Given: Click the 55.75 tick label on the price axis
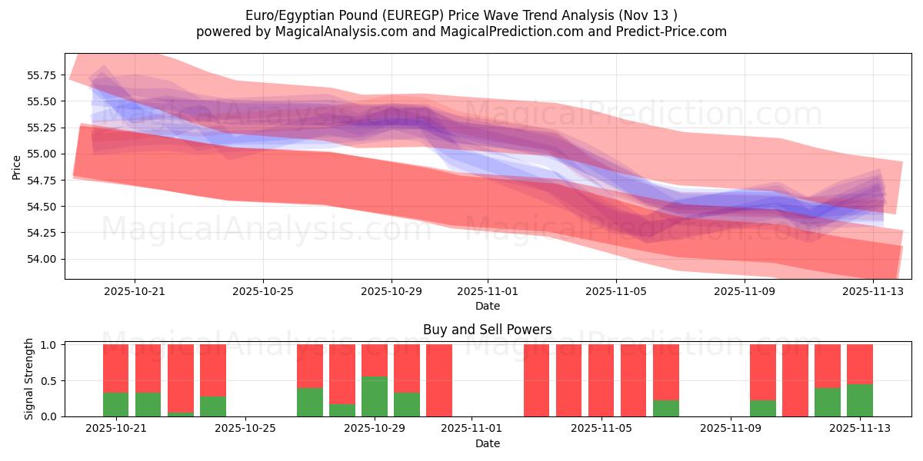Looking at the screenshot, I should (x=42, y=75).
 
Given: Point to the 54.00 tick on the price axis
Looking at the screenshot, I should (x=42, y=259).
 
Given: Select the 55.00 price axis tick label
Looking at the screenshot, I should (x=42, y=154).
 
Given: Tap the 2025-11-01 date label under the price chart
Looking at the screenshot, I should (x=487, y=292).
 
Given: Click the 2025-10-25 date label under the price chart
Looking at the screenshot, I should (x=263, y=292).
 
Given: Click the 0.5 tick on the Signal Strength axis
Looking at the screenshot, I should (x=50, y=381).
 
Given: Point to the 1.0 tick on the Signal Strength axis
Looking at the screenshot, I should (x=50, y=345).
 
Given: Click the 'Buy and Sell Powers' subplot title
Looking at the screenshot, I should (x=487, y=330).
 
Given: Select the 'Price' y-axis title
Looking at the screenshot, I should (x=17, y=167).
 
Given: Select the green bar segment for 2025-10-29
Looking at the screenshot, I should (x=375, y=396).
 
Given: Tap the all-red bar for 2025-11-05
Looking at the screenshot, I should (x=601, y=380).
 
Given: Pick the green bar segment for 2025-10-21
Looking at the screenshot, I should (x=115, y=404).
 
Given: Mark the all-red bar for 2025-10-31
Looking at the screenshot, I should (x=439, y=380).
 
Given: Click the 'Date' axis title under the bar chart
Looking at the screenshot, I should (x=487, y=443).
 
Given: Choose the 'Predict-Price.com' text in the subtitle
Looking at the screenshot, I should (x=667, y=32).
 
